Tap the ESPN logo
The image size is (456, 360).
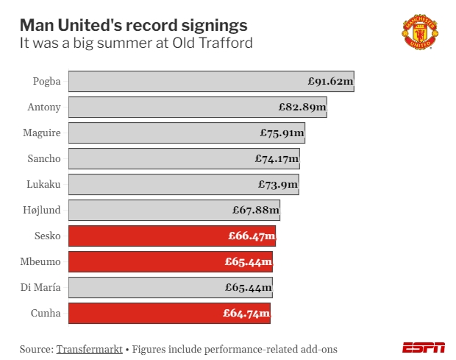point(423,347)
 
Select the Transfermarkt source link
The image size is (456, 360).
point(89,348)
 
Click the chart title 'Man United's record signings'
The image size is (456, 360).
point(133,25)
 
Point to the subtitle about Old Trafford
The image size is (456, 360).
point(136,43)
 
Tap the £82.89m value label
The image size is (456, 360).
point(302,107)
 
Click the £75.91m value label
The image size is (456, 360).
point(282,133)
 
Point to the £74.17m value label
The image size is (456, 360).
point(277,158)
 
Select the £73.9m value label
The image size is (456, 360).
point(277,184)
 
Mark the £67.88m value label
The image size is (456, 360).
point(256,210)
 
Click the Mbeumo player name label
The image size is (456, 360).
point(42,261)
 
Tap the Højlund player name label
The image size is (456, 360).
point(42,210)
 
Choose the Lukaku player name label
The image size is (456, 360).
point(43,184)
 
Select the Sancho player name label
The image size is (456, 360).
point(43,158)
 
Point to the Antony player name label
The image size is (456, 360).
point(44,107)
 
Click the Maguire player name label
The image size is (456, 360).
point(42,133)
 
